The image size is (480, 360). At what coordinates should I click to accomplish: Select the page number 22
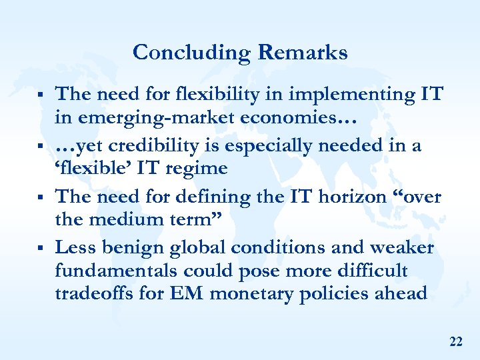(x=456, y=342)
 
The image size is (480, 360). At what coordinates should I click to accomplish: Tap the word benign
(x=135, y=247)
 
